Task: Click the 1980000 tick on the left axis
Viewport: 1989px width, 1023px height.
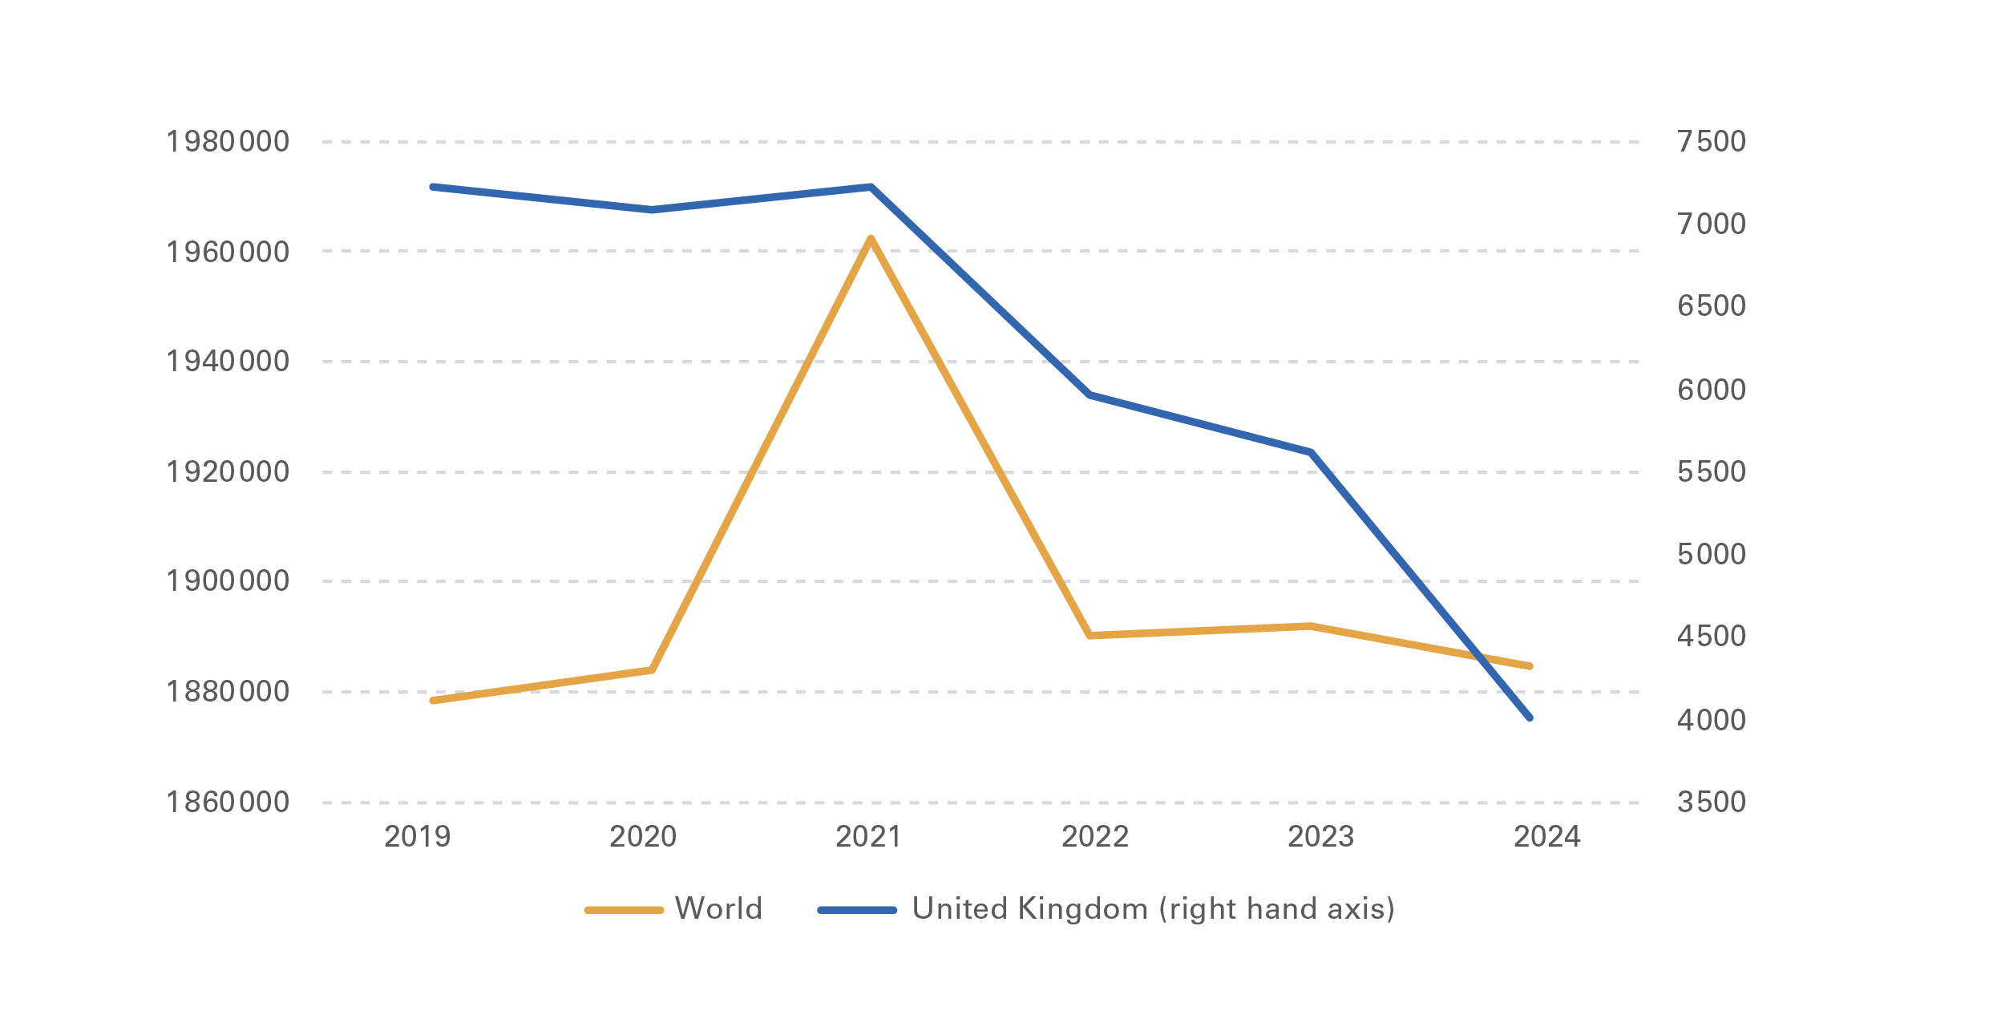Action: (x=227, y=142)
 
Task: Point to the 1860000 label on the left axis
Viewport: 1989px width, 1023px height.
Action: (x=227, y=802)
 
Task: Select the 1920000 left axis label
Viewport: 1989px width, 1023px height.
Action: (x=227, y=472)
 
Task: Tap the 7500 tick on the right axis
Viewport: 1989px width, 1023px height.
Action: (x=1711, y=142)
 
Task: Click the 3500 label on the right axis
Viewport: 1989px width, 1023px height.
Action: (x=1711, y=802)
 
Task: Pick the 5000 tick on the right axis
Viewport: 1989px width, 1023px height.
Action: (x=1711, y=554)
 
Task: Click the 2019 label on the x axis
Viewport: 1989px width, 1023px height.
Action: (x=417, y=837)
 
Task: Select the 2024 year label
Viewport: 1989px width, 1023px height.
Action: (x=1546, y=837)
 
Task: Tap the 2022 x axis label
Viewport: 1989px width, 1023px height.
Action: (x=1094, y=837)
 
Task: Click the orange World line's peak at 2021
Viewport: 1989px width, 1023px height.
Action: (x=871, y=238)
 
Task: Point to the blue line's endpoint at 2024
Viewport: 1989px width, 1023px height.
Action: (x=1530, y=718)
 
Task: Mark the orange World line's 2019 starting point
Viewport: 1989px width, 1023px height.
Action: (x=433, y=701)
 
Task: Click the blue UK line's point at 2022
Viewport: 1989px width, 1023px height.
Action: (x=1090, y=395)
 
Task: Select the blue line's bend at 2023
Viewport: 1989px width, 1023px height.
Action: (x=1311, y=452)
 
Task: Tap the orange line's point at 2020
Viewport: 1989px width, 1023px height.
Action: (x=652, y=669)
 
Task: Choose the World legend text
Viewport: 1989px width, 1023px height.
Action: (x=718, y=909)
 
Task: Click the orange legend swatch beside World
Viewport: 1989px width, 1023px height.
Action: (x=624, y=910)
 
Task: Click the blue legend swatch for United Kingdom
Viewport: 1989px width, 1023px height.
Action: (x=856, y=910)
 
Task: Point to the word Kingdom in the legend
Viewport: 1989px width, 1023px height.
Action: (x=1083, y=909)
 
